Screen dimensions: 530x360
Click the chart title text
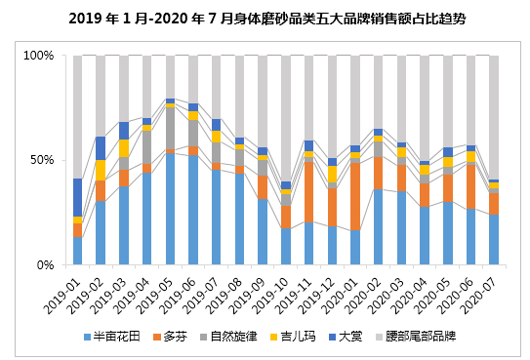[267, 19]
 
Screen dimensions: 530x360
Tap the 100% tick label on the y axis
[38, 56]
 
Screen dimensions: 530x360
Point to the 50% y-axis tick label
[42, 160]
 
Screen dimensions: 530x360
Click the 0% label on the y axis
[46, 265]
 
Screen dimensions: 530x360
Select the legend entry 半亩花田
[112, 337]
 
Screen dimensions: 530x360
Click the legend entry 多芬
[170, 337]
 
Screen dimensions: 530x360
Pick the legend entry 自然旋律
[228, 337]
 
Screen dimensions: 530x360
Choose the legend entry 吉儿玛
[293, 337]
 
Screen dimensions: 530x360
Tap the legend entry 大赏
[346, 337]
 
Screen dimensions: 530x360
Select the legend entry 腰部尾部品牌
[416, 337]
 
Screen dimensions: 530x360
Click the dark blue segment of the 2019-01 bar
[78, 197]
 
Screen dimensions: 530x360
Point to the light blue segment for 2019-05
[171, 209]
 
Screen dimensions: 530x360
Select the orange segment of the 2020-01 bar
[355, 196]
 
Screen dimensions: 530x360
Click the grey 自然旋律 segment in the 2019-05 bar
[171, 129]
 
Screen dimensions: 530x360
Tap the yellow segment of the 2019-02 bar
[101, 170]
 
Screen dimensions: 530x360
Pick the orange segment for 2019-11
[309, 192]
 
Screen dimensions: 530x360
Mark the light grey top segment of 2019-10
[286, 119]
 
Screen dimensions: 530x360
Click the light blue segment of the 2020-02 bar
[379, 227]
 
